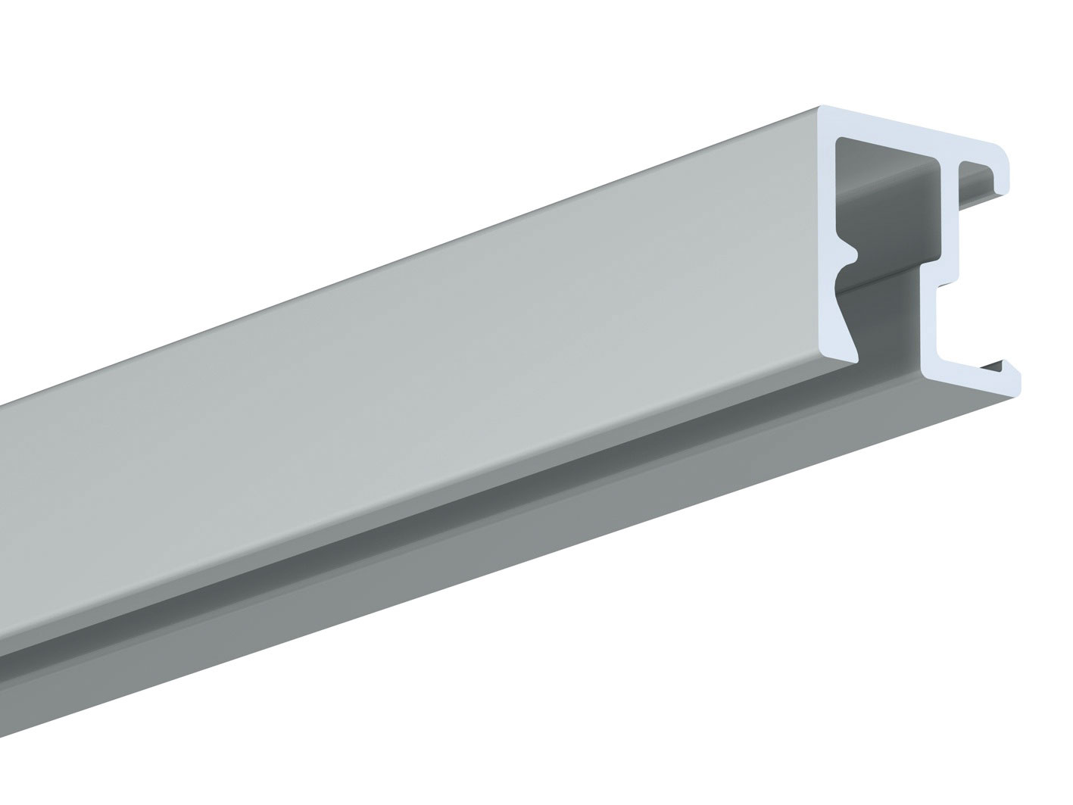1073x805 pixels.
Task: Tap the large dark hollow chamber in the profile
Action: pyautogui.click(x=894, y=204)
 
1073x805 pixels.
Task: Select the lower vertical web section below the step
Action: pyautogui.click(x=931, y=326)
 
